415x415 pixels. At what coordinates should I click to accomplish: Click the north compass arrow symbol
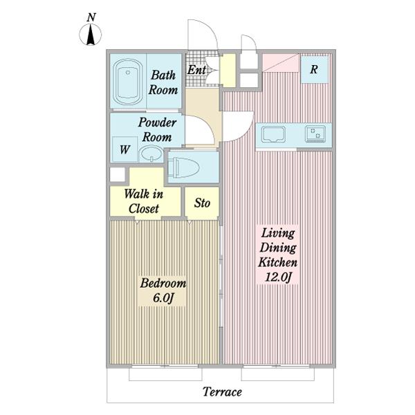point(91,35)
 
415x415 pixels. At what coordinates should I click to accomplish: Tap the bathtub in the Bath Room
point(128,82)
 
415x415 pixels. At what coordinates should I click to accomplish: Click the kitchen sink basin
point(273,134)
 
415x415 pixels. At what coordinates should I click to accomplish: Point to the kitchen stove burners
point(315,134)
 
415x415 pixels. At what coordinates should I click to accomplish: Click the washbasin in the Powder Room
point(151,154)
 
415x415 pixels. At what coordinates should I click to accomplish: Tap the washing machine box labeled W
point(124,149)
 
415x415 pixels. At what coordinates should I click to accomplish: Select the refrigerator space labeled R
point(315,69)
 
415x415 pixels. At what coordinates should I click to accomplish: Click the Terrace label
point(222,392)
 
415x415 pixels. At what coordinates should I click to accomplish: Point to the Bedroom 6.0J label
point(163,290)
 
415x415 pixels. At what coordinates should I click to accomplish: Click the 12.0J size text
point(278,277)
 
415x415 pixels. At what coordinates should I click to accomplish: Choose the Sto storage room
point(202,203)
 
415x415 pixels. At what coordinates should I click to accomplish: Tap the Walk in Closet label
point(144,201)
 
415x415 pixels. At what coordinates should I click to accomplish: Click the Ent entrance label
point(196,70)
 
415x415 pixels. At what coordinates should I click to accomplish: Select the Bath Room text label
point(163,82)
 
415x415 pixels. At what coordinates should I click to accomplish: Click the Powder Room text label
point(157,130)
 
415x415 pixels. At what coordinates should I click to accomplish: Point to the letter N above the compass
point(91,17)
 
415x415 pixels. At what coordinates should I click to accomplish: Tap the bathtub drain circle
point(128,72)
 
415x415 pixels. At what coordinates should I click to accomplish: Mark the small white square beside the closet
point(118,175)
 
